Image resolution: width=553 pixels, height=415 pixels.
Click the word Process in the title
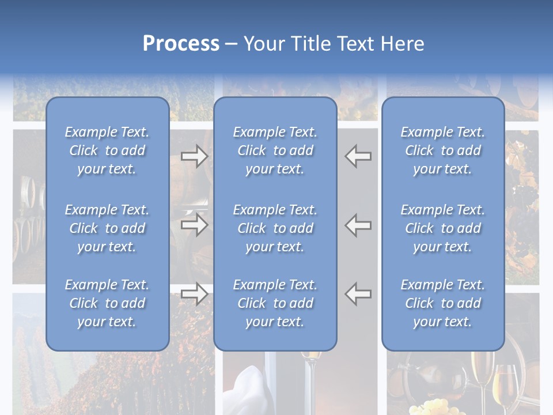pos(181,44)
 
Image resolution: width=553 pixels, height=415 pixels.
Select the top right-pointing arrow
pos(195,156)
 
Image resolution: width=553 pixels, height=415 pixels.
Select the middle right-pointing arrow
pos(195,225)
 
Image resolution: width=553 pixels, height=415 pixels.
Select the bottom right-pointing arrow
pos(195,294)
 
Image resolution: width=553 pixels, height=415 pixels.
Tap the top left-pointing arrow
pos(358,156)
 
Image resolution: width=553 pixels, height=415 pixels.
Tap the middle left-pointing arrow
pos(358,225)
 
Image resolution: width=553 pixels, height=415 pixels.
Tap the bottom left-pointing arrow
pos(358,294)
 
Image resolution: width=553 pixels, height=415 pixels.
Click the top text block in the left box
pos(107,150)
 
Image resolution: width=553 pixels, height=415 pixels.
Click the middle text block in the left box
pos(107,228)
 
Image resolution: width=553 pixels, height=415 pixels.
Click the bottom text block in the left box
pos(107,303)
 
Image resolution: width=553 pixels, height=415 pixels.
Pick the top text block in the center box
pos(275,150)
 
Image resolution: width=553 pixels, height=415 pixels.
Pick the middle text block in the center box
pos(275,228)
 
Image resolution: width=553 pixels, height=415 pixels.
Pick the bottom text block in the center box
pos(275,303)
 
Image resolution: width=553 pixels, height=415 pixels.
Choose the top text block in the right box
pos(442,150)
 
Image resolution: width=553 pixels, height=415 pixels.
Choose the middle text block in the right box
pos(442,228)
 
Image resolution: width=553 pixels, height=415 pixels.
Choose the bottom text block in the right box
pos(442,303)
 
